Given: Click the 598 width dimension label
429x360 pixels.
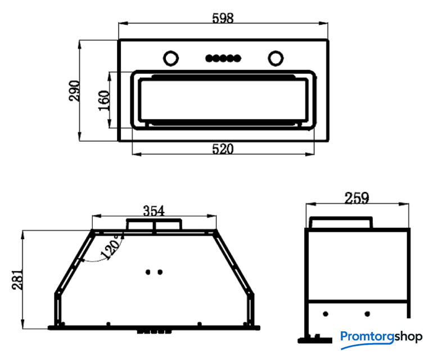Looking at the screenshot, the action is tap(223, 18).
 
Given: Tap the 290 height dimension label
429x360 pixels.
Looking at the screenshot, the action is tap(74, 91).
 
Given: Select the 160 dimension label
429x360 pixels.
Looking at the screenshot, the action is tap(104, 101).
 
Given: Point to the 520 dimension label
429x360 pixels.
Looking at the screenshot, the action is tap(223, 149).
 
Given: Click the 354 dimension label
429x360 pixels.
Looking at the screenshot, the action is tap(153, 211).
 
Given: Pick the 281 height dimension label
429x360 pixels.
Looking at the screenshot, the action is tap(17, 280).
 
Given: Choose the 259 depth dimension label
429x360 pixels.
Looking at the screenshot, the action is tap(356, 198).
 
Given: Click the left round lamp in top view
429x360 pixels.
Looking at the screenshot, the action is tap(171, 58).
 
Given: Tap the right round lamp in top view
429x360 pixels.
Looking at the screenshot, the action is tap(276, 58).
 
